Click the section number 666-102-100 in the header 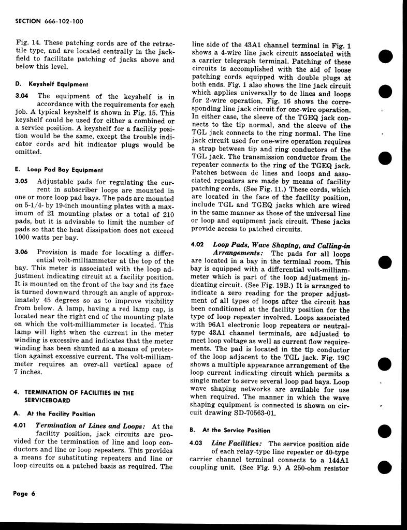click(63, 21)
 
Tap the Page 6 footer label click(24, 493)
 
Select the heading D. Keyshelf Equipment click(51, 84)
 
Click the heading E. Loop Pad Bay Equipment click(58, 170)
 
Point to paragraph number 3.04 click(22, 96)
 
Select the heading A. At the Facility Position click(54, 414)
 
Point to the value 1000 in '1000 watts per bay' click(24, 238)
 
